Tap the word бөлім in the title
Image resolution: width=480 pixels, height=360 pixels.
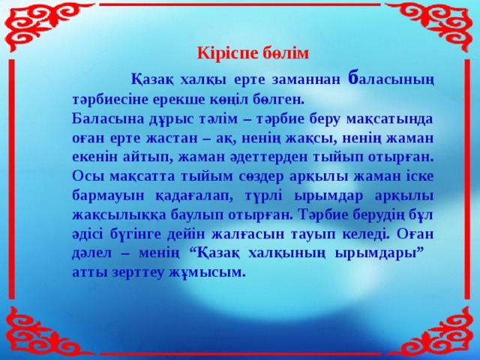point(280,53)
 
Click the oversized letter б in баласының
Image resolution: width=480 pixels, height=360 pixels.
point(355,78)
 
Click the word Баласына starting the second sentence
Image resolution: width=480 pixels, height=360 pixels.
point(104,119)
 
